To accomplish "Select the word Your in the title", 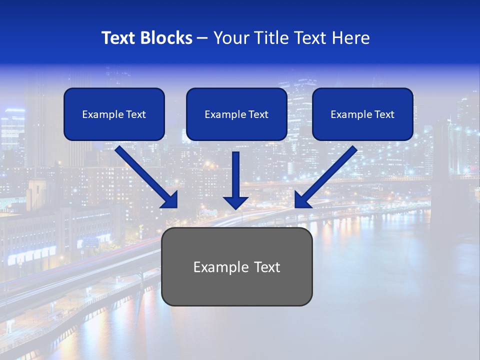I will [231, 38].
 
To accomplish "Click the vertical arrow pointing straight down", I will [236, 175].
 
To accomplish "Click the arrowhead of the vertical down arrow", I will [236, 202].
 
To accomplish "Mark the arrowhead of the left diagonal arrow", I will [170, 200].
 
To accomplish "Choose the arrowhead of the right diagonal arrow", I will [302, 200].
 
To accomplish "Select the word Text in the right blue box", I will [384, 114].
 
